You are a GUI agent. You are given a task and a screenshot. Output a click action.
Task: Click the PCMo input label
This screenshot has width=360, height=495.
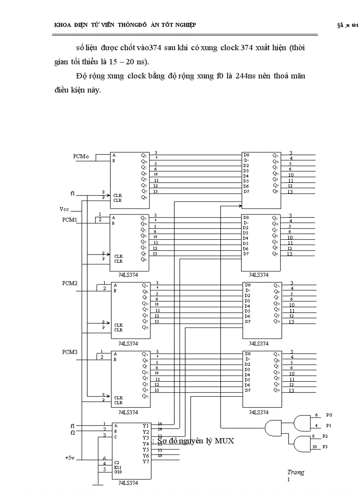[81, 156]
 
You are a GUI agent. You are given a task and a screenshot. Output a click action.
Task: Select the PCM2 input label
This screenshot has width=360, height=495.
[70, 283]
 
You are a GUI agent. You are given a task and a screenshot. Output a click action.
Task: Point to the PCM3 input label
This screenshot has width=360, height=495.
[70, 352]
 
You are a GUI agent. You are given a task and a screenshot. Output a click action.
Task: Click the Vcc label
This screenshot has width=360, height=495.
[64, 209]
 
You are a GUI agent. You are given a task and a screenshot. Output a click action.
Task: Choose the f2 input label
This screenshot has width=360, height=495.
[72, 432]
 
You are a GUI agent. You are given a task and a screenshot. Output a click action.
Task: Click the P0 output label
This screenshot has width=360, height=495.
[329, 415]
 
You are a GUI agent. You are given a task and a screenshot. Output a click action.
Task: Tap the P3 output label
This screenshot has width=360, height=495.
[325, 447]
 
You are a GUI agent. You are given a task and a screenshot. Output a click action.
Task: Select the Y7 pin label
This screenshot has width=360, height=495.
[146, 461]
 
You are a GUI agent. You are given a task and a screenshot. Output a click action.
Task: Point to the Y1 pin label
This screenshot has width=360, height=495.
[146, 425]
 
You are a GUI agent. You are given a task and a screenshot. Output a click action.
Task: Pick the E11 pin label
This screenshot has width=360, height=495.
[118, 467]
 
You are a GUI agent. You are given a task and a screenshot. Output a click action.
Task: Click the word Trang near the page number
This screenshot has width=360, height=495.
[296, 472]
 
